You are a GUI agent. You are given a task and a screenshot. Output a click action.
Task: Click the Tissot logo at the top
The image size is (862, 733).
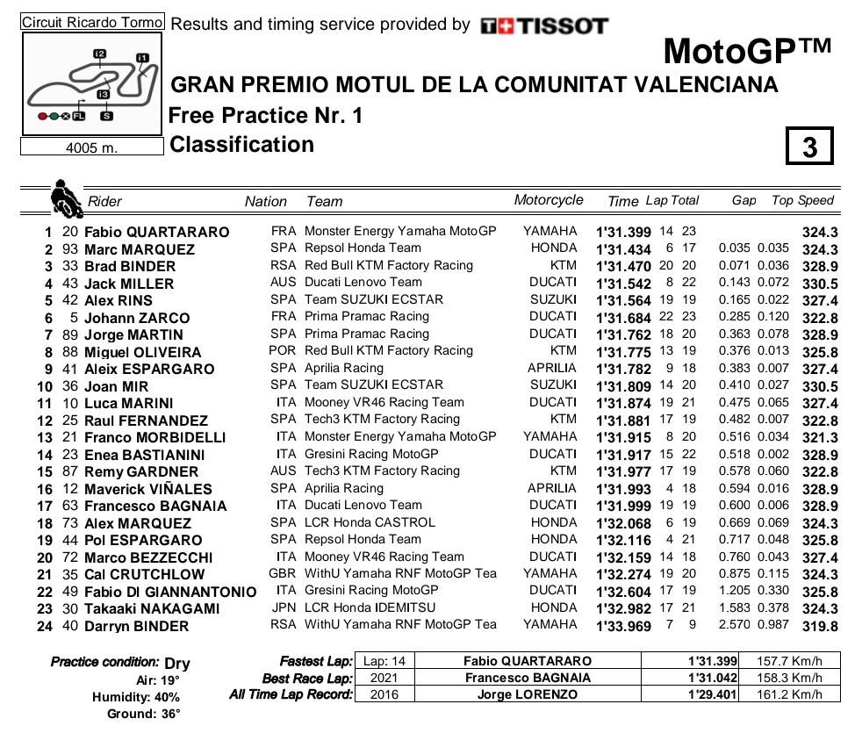point(544,26)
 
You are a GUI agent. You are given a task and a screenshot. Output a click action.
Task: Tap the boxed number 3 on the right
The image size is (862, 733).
point(808,147)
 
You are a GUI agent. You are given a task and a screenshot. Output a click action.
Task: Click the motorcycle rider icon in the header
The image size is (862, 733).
point(63,198)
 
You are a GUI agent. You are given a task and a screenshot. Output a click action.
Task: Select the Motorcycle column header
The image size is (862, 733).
point(548,200)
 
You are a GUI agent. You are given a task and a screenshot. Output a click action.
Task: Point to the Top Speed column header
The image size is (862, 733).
point(802,200)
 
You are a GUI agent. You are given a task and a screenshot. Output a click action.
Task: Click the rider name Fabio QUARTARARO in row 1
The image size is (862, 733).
point(156,232)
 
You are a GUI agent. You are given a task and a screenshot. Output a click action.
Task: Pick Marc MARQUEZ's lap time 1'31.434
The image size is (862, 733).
point(623,249)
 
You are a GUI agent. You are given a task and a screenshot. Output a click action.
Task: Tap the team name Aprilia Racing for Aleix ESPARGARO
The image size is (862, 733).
point(344,368)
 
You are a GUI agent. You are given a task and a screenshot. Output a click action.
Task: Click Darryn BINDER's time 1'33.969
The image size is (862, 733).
point(623,626)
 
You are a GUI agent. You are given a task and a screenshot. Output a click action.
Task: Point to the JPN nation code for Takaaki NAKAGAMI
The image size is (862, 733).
point(284,607)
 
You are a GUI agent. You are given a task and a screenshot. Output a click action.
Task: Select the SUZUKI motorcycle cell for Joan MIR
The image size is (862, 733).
point(553,385)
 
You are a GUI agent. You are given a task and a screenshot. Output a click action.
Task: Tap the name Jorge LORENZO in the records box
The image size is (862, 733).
point(527,694)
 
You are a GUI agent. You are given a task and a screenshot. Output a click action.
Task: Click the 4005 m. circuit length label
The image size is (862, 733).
point(91,147)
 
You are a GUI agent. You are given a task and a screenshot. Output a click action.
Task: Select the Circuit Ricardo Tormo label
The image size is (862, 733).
point(91,23)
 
